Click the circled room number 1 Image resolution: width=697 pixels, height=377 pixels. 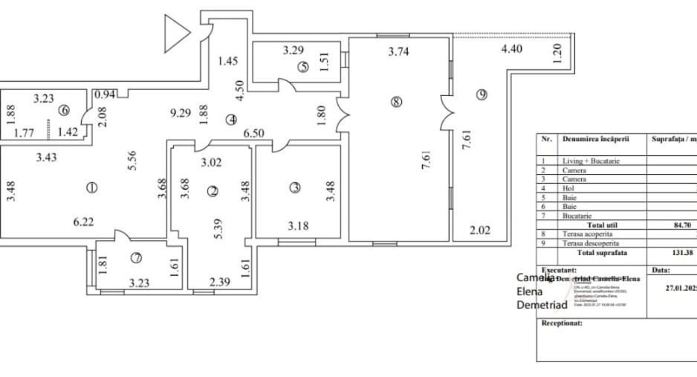click(x=91, y=188)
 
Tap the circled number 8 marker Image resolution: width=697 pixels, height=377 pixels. click(x=396, y=103)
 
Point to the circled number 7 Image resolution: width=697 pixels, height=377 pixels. click(x=136, y=258)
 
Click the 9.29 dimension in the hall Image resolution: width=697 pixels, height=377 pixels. click(x=181, y=114)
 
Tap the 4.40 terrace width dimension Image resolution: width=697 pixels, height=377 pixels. click(x=512, y=51)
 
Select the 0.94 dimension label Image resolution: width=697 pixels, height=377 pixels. click(x=105, y=94)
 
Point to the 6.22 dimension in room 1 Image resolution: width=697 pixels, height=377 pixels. click(x=83, y=222)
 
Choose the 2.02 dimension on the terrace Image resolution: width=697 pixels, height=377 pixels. click(x=480, y=230)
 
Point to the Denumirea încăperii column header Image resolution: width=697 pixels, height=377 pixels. click(x=596, y=138)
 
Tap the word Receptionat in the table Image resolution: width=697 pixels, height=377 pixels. click(x=562, y=323)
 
